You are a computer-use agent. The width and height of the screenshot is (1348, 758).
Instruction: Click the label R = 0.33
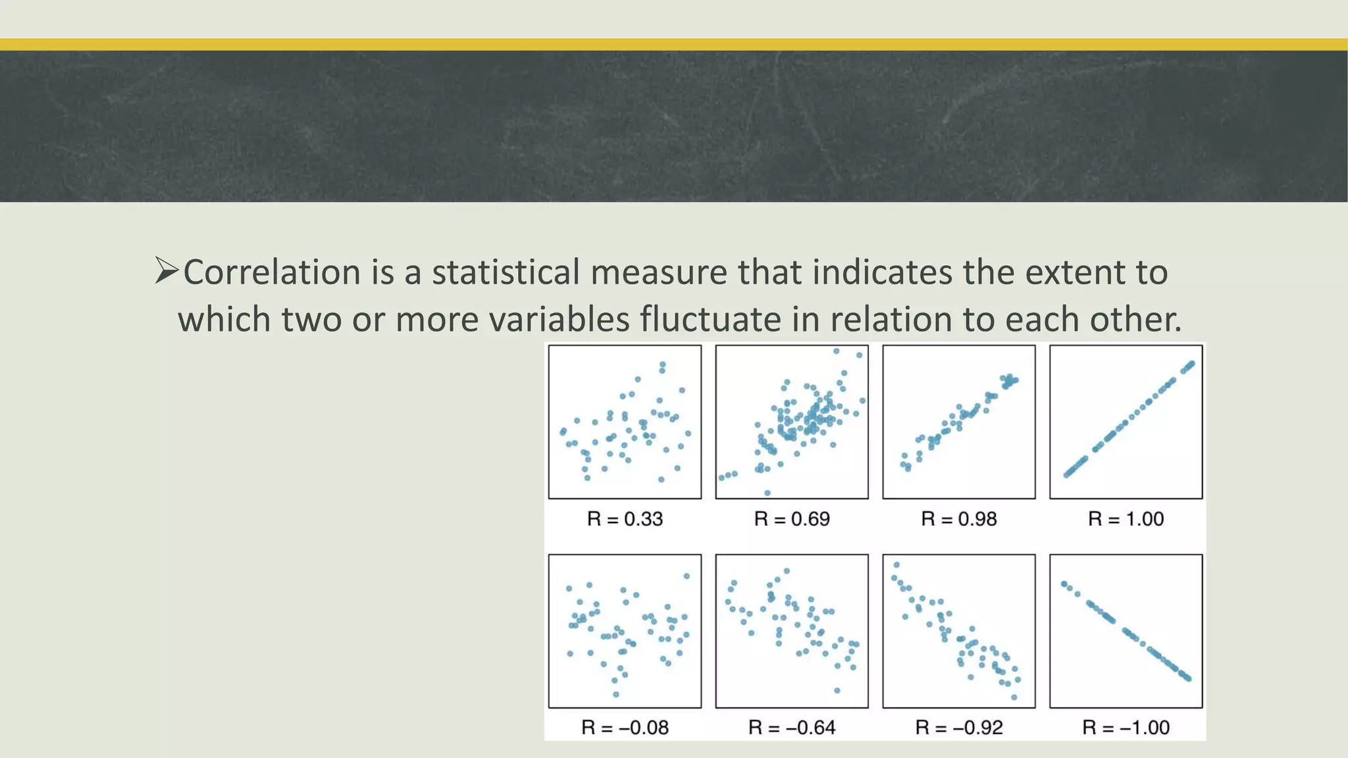(625, 519)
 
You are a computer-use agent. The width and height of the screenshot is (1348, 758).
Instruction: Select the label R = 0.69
(792, 519)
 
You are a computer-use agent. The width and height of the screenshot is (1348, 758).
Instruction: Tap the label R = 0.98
(959, 519)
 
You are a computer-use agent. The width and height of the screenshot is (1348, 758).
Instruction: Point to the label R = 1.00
(1126, 519)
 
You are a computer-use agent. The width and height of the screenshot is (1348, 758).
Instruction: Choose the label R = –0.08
(625, 728)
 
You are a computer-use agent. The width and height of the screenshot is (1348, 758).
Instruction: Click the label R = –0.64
(792, 728)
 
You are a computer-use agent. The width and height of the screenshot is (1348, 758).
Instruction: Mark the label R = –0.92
(959, 728)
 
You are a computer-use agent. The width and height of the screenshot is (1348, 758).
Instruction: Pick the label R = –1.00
(1126, 728)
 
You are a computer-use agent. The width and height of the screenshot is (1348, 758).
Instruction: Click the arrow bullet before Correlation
(167, 271)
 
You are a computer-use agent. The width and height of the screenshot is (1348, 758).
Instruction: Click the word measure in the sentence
(658, 272)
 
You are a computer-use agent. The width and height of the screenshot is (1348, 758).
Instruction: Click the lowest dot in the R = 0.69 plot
(767, 493)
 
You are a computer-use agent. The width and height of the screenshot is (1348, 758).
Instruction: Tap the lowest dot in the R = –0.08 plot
(616, 695)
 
